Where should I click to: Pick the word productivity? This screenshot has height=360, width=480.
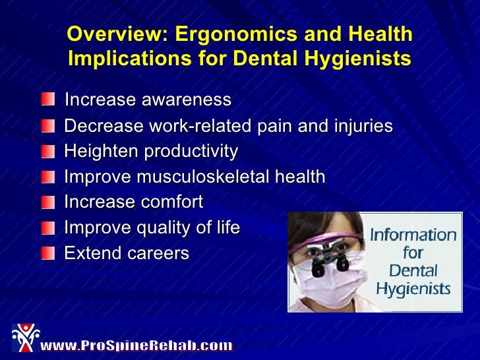coord(191,152)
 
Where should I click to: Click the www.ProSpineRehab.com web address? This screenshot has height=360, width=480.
coord(136,345)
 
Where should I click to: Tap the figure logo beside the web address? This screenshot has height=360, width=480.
coord(24,338)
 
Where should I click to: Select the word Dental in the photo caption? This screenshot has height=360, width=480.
coord(413,270)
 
